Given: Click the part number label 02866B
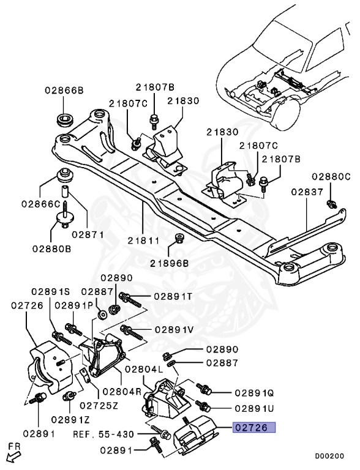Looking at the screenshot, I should (x=64, y=91).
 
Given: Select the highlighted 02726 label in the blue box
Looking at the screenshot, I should (x=253, y=428).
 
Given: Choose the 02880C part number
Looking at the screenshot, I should (x=331, y=177).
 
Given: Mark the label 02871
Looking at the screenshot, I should (x=88, y=234).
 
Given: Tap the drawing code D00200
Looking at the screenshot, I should (x=329, y=456).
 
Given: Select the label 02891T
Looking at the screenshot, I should (x=173, y=297).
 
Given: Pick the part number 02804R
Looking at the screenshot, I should (x=123, y=391).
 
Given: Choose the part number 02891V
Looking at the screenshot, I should (x=174, y=329).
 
